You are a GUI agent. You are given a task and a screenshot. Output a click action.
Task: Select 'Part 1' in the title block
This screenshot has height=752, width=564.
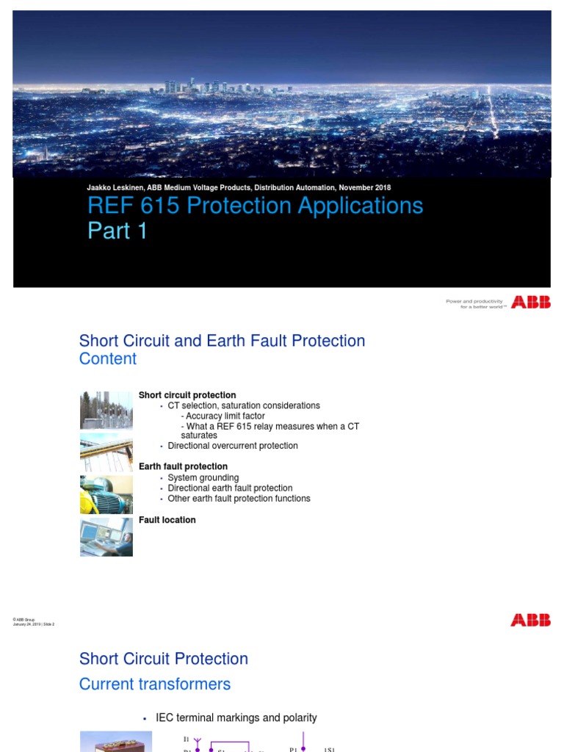point(117,231)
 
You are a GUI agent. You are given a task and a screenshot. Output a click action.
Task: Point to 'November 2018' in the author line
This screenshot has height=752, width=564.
point(364,187)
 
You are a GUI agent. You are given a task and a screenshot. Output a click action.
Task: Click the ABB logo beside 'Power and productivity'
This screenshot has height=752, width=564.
point(530,302)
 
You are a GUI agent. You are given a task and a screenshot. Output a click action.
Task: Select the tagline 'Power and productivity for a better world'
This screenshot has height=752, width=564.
point(476,303)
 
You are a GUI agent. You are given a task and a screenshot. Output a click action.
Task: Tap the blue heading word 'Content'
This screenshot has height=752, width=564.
point(107,359)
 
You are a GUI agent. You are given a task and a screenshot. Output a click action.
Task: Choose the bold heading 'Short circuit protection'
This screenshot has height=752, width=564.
point(187,395)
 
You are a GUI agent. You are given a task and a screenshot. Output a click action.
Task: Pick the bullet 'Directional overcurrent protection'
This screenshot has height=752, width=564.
point(233,446)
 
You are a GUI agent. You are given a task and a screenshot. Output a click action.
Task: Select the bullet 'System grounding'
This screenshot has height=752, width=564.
point(203,478)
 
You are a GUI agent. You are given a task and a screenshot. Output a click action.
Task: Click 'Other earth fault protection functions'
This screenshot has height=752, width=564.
point(239,499)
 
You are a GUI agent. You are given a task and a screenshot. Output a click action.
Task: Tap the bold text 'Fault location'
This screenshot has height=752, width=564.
point(167,520)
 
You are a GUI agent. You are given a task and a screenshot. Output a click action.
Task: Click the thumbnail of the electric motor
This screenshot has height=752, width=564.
point(106,494)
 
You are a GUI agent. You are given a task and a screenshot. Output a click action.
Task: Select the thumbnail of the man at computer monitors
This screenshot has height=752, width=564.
point(106,537)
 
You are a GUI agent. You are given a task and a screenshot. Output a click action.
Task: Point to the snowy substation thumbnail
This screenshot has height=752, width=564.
point(106,410)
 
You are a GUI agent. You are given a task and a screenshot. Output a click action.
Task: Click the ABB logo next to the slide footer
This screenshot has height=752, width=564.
point(530,621)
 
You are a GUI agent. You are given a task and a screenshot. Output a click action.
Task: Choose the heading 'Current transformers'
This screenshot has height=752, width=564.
point(155,684)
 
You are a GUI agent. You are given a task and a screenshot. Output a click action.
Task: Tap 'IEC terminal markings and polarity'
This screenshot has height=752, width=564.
point(236,717)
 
